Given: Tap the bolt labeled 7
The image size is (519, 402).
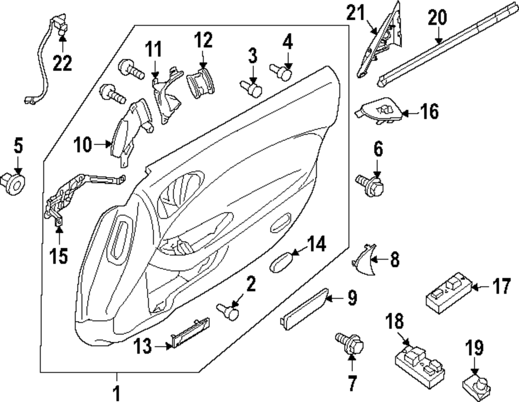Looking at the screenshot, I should tap(352, 344).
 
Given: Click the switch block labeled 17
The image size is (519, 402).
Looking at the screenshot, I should tap(447, 293).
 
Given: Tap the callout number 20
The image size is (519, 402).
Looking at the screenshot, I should tap(437, 18).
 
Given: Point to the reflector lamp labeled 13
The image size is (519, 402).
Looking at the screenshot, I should tap(190, 332).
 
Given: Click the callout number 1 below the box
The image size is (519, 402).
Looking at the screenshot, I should tap(116, 394).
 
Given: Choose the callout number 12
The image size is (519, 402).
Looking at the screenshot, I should tap(203, 39).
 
